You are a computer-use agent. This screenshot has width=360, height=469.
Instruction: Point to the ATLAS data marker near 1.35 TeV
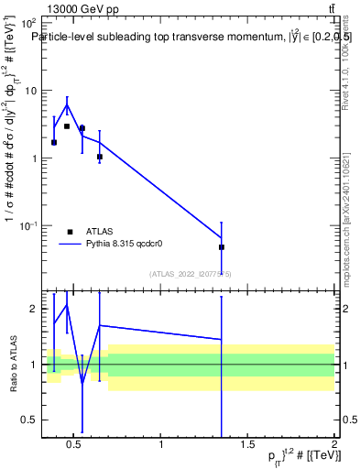click(x=222, y=247)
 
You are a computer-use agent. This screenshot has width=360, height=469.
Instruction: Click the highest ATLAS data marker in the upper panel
click(x=67, y=126)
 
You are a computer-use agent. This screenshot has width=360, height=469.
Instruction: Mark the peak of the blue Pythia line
click(x=67, y=104)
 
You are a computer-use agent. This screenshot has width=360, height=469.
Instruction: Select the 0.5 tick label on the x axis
click(x=75, y=446)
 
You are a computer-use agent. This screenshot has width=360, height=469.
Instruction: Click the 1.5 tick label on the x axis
click(x=247, y=446)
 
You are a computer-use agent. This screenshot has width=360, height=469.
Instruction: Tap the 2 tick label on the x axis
click(x=333, y=446)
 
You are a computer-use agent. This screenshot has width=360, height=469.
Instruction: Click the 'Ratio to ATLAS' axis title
click(x=12, y=365)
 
